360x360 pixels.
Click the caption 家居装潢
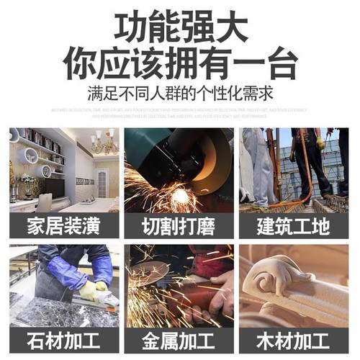(63, 226)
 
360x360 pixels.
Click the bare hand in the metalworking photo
(220, 292)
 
